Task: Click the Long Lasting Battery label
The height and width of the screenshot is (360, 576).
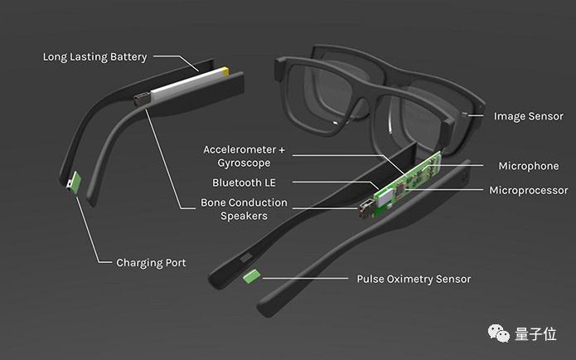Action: click(x=94, y=57)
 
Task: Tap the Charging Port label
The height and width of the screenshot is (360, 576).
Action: click(x=151, y=263)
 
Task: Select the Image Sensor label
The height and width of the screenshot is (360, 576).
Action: click(x=528, y=116)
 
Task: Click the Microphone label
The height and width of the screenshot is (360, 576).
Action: click(x=529, y=166)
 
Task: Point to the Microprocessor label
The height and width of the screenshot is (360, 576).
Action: click(x=529, y=190)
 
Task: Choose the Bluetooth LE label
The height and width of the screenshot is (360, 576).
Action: click(x=244, y=182)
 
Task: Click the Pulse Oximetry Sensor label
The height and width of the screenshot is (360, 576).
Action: click(x=414, y=279)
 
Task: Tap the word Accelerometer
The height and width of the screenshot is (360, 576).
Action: click(x=240, y=149)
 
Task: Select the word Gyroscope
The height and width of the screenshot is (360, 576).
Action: click(x=244, y=163)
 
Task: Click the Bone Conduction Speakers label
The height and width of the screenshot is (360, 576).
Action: click(x=244, y=209)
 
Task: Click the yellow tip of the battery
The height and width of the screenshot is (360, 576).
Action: click(x=225, y=71)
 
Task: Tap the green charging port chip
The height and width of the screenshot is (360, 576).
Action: click(x=76, y=182)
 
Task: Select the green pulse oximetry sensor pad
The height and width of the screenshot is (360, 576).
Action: click(x=252, y=276)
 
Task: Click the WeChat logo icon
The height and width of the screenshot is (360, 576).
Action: click(x=498, y=333)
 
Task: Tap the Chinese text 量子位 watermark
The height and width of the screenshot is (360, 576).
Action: click(x=535, y=334)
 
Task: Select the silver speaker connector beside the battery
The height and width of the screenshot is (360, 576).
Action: click(x=142, y=99)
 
